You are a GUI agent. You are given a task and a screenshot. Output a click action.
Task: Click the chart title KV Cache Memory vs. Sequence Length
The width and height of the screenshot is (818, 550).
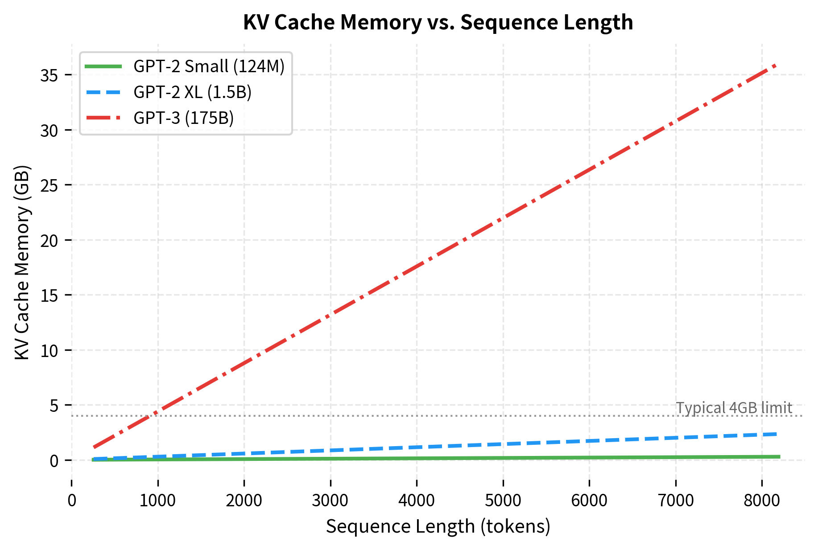(438, 22)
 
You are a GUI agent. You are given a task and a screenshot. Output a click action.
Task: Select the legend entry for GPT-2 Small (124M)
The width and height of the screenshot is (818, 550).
(209, 66)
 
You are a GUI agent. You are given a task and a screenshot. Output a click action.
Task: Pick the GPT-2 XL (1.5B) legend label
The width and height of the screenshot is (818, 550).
(192, 92)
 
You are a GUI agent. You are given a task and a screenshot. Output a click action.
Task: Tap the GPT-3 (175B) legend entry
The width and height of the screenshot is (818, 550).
(183, 118)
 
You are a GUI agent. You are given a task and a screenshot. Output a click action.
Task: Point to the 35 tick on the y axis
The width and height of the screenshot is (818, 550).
(49, 75)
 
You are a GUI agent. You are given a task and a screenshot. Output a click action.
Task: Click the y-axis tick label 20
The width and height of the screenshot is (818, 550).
(49, 241)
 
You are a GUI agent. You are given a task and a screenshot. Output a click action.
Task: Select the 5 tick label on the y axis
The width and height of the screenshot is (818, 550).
(54, 406)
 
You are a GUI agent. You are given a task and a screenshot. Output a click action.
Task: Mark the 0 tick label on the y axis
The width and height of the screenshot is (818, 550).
(54, 461)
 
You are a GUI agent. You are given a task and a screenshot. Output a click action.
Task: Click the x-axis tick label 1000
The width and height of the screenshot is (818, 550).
(157, 501)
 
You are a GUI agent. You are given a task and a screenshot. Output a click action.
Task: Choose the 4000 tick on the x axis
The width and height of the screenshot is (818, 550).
(417, 501)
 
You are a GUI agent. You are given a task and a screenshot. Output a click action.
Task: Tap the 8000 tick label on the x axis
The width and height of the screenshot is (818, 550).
(762, 501)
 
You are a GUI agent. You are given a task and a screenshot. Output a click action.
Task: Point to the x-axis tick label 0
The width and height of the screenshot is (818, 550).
(71, 501)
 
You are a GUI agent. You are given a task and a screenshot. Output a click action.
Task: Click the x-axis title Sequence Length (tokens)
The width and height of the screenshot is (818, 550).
(438, 526)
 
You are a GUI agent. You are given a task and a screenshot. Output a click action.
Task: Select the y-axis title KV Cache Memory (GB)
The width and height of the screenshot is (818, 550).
(22, 263)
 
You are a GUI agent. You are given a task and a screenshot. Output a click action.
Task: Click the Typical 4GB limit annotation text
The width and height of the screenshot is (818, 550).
(734, 408)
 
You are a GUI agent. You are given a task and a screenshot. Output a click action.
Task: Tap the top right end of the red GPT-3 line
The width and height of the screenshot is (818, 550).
(776, 66)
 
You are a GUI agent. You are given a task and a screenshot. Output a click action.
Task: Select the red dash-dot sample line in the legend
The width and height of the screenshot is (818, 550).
(103, 118)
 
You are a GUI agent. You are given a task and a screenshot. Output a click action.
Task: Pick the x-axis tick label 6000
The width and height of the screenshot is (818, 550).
(589, 501)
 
